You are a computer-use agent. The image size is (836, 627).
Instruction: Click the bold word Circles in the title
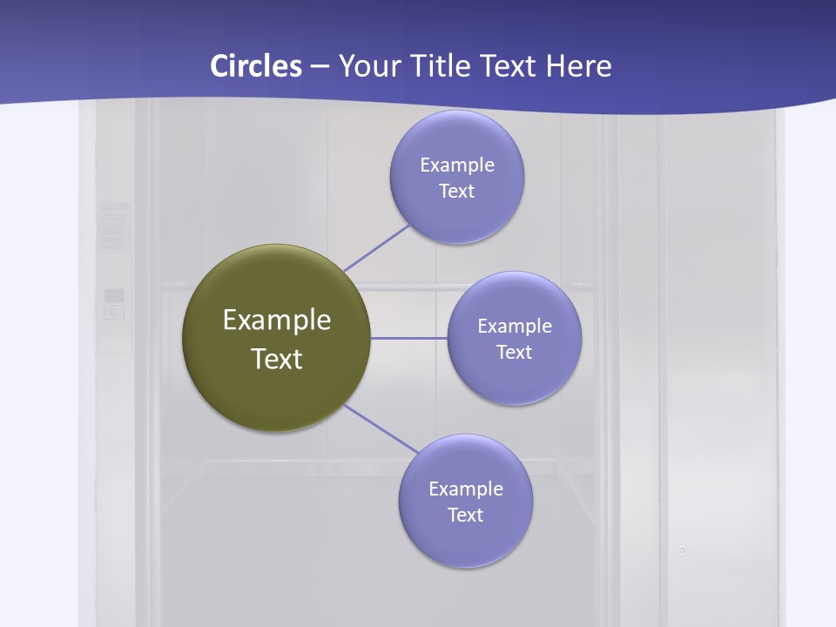coord(255,66)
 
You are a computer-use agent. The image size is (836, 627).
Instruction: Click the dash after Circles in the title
coord(320,67)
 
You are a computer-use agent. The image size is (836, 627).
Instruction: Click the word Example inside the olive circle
coord(276,320)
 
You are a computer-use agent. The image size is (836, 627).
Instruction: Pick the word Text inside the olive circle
coord(276,359)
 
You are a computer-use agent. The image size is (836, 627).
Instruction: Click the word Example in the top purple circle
coord(456,165)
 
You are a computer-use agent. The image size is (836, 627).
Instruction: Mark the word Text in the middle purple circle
coord(514,352)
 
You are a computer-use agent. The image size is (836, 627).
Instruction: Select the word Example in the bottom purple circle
coord(465,489)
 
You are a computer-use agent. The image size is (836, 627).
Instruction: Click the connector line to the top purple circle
coord(376,248)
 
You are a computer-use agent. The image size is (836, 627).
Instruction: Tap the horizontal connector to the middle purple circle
coord(409,338)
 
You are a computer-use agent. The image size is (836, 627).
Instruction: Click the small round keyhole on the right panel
coord(683,550)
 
